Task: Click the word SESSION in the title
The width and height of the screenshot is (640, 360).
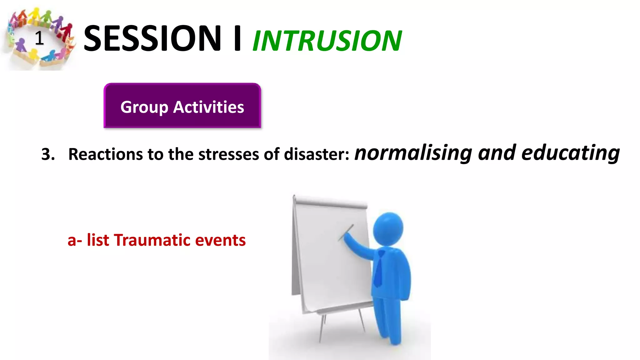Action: coord(152,39)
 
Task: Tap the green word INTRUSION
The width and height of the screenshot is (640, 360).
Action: coord(327,41)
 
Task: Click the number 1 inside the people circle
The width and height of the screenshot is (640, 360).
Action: coord(39,38)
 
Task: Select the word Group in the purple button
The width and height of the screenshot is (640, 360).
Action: coord(144,107)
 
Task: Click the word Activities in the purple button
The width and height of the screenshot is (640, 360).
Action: coord(208,107)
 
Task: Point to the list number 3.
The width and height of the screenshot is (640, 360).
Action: coord(47,154)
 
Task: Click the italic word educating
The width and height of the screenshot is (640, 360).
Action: coord(570,153)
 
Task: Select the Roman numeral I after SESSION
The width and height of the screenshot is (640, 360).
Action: coord(237,39)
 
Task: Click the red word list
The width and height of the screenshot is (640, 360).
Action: coord(98,240)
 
